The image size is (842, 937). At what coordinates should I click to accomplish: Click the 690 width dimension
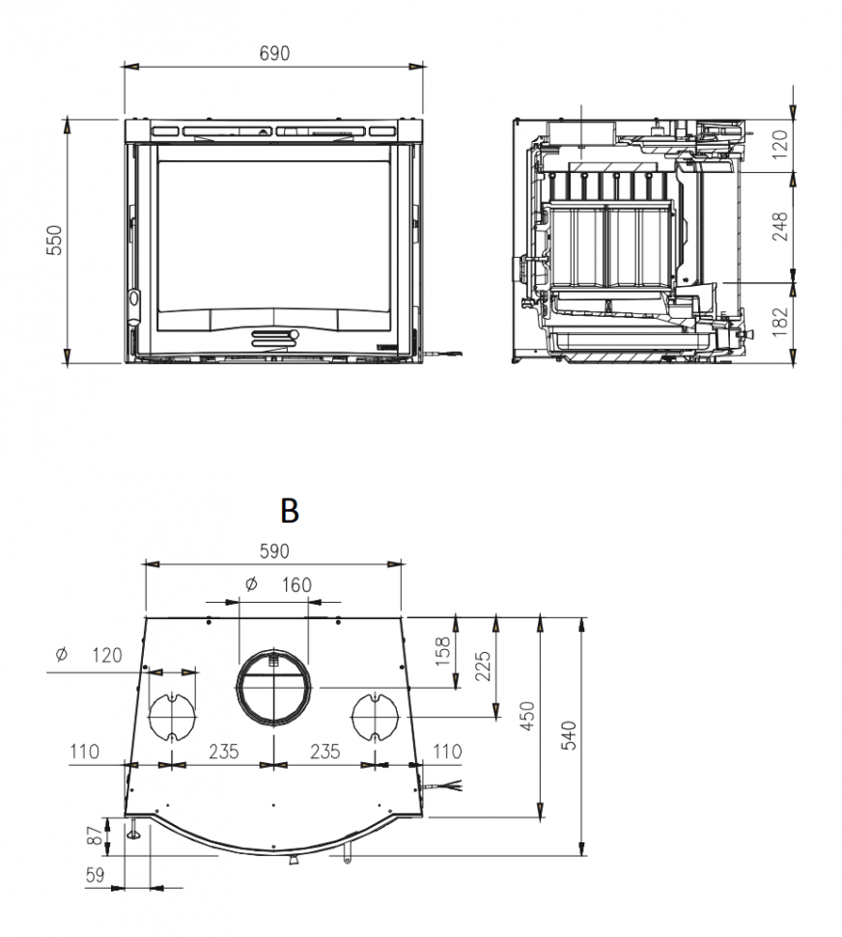(x=274, y=54)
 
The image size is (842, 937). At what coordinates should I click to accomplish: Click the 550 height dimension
(x=54, y=241)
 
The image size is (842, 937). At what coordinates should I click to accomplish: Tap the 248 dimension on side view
(x=781, y=226)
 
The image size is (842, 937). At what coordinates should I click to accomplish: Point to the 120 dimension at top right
(x=781, y=142)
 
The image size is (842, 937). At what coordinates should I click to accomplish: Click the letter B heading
(x=289, y=510)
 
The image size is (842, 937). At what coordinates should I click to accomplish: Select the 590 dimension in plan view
(x=274, y=552)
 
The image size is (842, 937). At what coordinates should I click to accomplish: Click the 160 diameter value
(x=296, y=584)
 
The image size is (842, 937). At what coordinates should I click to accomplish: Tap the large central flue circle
(x=273, y=687)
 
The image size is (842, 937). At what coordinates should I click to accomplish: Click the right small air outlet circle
(x=375, y=717)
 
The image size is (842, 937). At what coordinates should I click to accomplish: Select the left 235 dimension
(x=224, y=752)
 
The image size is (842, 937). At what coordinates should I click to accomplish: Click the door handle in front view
(x=275, y=337)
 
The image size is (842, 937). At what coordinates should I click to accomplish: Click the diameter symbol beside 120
(x=62, y=655)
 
